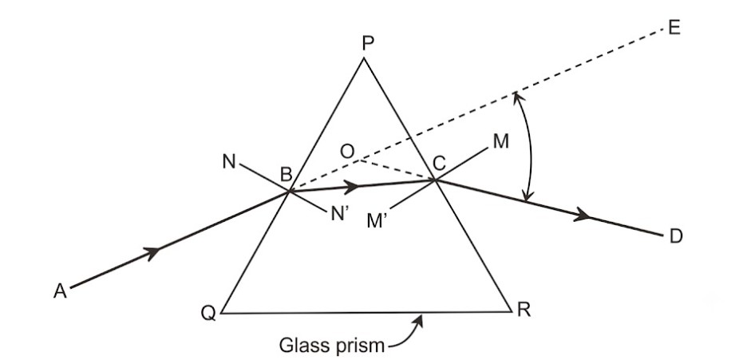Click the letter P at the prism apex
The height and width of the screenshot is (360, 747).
point(368,43)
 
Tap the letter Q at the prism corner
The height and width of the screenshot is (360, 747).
point(208,313)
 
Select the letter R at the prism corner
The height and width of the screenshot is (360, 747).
point(524,310)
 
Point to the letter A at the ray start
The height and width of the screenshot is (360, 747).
point(60,291)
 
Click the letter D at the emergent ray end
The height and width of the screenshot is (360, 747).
point(676,236)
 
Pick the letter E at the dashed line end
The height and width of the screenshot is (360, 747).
point(674,28)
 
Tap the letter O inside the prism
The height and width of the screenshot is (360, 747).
point(347,152)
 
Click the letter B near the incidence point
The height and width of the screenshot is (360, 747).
point(286,175)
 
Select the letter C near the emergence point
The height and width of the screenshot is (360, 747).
point(439,164)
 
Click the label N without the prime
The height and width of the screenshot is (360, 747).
point(229,162)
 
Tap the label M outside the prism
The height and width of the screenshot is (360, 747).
point(501,141)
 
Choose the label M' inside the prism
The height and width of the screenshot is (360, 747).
point(377,221)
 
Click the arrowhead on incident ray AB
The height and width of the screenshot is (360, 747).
point(152,252)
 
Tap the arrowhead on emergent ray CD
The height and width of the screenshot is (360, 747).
point(582,215)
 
